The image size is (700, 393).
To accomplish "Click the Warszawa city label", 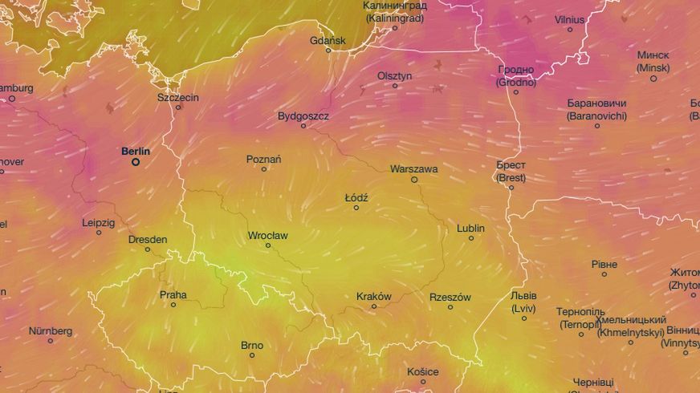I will tap(413, 169).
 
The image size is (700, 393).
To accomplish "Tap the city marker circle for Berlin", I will tap(136, 162).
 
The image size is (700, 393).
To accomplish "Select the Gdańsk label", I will tap(328, 40).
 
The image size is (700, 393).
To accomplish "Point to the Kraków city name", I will tap(373, 296).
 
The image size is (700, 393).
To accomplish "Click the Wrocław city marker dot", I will tap(268, 245).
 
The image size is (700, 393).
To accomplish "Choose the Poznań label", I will tap(263, 159).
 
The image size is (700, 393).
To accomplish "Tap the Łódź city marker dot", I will tap(356, 208).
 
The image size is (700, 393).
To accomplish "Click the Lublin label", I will tap(470, 228).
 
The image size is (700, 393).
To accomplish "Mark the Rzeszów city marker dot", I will tap(450, 307).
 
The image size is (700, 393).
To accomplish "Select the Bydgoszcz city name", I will tap(303, 115).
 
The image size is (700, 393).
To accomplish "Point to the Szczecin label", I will tap(178, 97).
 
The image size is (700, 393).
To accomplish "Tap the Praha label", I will tap(173, 294).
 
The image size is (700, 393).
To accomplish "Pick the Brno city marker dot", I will tap(252, 355).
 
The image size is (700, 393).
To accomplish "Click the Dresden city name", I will tap(148, 239).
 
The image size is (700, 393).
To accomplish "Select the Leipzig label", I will tap(99, 222).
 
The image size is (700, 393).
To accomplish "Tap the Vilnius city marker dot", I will tap(570, 30).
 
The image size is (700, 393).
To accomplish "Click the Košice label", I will tap(422, 371).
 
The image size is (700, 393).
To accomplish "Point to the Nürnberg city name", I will tap(51, 330).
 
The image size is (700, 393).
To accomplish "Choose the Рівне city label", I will tap(604, 264).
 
